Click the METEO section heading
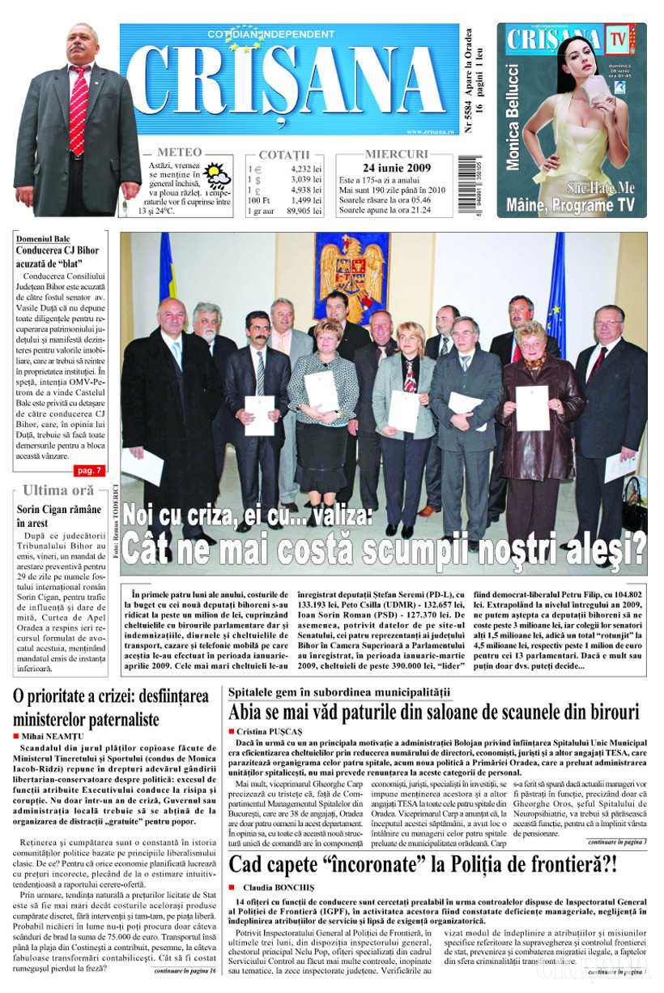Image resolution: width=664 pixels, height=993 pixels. point(179,152)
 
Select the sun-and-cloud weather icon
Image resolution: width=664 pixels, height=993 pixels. point(216,175)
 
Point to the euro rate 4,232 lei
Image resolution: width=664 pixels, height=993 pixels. point(305,169)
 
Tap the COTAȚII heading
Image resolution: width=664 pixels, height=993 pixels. point(284,154)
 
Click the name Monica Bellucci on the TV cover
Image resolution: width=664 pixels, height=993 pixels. point(513,118)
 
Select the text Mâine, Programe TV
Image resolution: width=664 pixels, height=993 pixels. point(570,205)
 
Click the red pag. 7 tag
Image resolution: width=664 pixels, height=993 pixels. point(87,470)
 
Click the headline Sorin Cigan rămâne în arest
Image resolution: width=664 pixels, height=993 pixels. point(59,516)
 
